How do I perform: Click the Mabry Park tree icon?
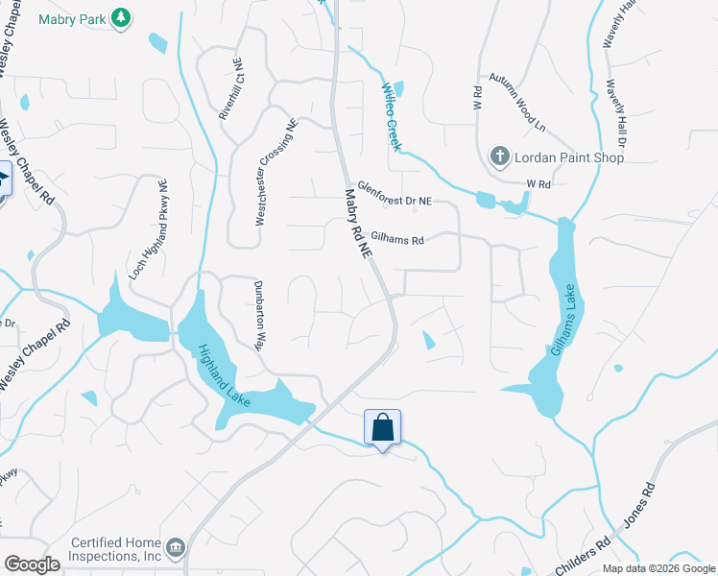pos(120,17)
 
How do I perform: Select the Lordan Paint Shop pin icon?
pos(499,156)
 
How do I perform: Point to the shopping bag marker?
pos(382,427)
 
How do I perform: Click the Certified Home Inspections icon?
pos(175,547)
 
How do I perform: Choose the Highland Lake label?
pos(224,375)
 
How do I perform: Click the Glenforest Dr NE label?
pos(395,194)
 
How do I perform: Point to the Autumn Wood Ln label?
pos(516,103)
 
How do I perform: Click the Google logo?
pos(32,564)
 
